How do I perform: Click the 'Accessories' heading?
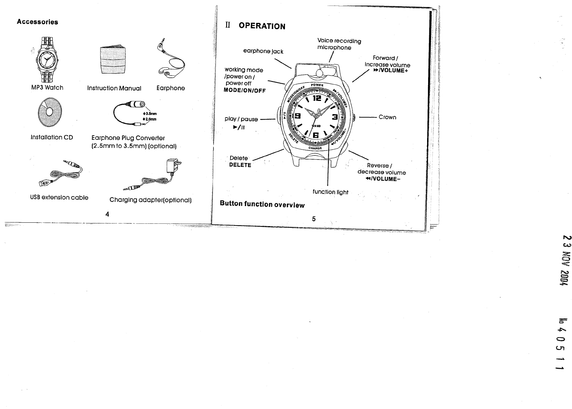click(38, 22)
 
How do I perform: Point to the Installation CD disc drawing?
click(49, 112)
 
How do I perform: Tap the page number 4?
click(107, 214)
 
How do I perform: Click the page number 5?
click(313, 219)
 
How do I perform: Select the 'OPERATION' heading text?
click(262, 26)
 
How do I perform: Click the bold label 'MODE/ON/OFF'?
click(245, 91)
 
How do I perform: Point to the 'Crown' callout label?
click(387, 117)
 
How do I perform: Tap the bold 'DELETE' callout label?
click(240, 165)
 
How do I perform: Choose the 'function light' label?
click(330, 192)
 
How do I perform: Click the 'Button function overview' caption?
click(262, 204)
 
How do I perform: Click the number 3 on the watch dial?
click(335, 117)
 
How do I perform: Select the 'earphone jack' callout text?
click(263, 51)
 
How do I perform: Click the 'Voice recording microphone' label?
click(339, 44)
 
